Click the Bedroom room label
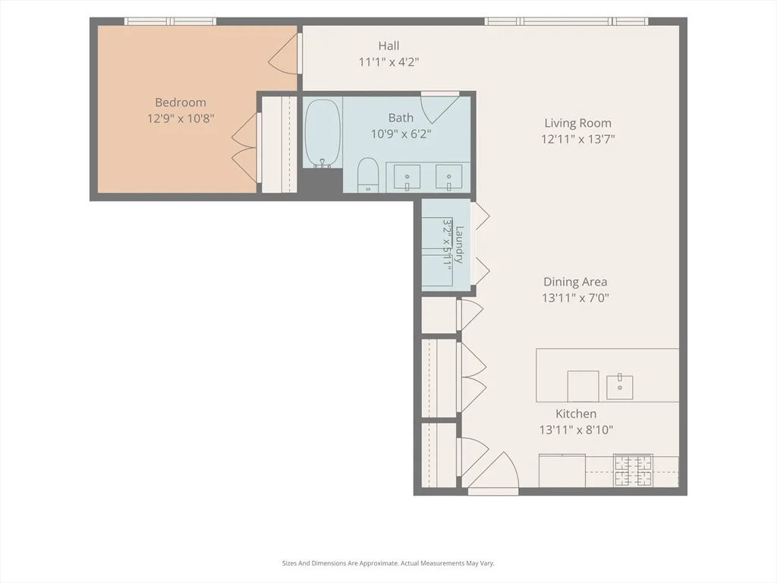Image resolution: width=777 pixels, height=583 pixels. point(181,102)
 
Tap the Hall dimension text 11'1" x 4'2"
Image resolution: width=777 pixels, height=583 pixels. point(389,62)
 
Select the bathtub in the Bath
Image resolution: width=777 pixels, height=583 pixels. point(322,134)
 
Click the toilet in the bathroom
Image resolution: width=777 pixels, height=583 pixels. point(368,175)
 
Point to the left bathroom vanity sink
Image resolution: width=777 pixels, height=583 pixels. point(407,177)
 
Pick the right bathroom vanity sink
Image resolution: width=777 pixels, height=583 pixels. point(449,177)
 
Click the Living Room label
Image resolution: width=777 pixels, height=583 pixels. point(577,123)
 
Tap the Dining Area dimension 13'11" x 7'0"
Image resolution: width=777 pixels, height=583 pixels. point(575,298)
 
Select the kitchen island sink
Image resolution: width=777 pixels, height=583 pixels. point(619,387)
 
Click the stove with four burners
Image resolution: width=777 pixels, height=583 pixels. point(633,471)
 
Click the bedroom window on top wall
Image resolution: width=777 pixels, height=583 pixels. point(170,21)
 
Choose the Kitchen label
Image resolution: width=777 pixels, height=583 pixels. point(576,414)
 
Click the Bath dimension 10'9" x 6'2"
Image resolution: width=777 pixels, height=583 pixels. point(401,134)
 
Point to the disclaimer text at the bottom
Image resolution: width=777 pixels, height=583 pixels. point(388,563)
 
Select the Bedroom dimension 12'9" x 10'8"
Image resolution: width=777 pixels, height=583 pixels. point(181,119)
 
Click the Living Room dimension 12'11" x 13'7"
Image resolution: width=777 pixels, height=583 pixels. point(577,139)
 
